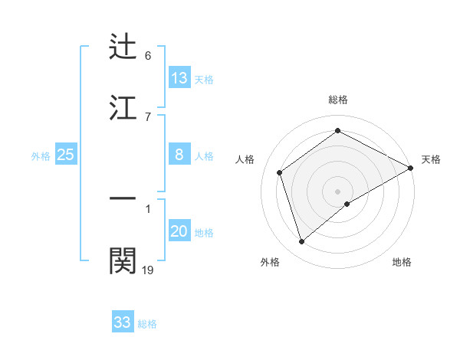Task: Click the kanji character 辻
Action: pos(123,47)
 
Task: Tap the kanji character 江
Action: pos(123,107)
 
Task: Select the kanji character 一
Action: pos(123,198)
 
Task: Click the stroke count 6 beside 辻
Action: pos(148,56)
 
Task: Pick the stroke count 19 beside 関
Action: pos(148,270)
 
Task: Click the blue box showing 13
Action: pos(179,78)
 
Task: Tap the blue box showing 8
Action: pos(179,155)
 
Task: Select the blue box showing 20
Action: pos(179,231)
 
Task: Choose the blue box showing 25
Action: pos(66,155)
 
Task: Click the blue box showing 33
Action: pos(123,322)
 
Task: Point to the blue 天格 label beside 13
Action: pos(204,79)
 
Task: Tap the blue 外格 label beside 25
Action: pos(41,155)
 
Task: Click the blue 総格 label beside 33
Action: pos(147,323)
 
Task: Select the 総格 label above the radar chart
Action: pos(338,100)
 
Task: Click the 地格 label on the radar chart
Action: pos(402,262)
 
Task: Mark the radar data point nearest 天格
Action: pos(411,168)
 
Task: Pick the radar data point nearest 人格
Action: pos(280,172)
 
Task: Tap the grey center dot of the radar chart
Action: pos(338,191)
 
